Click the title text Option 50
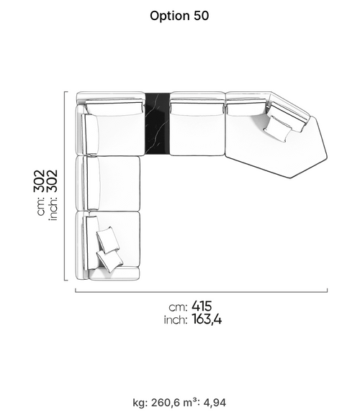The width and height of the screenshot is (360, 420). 179,16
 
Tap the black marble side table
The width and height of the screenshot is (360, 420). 157,124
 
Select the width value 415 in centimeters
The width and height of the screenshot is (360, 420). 202,306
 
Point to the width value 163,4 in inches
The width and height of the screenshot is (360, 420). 207,319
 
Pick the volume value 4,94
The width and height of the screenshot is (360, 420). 215,403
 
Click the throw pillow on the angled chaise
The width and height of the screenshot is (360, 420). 278,129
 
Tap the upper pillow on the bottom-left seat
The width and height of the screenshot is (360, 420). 108,240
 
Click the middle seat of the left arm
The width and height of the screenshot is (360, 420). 112,183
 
